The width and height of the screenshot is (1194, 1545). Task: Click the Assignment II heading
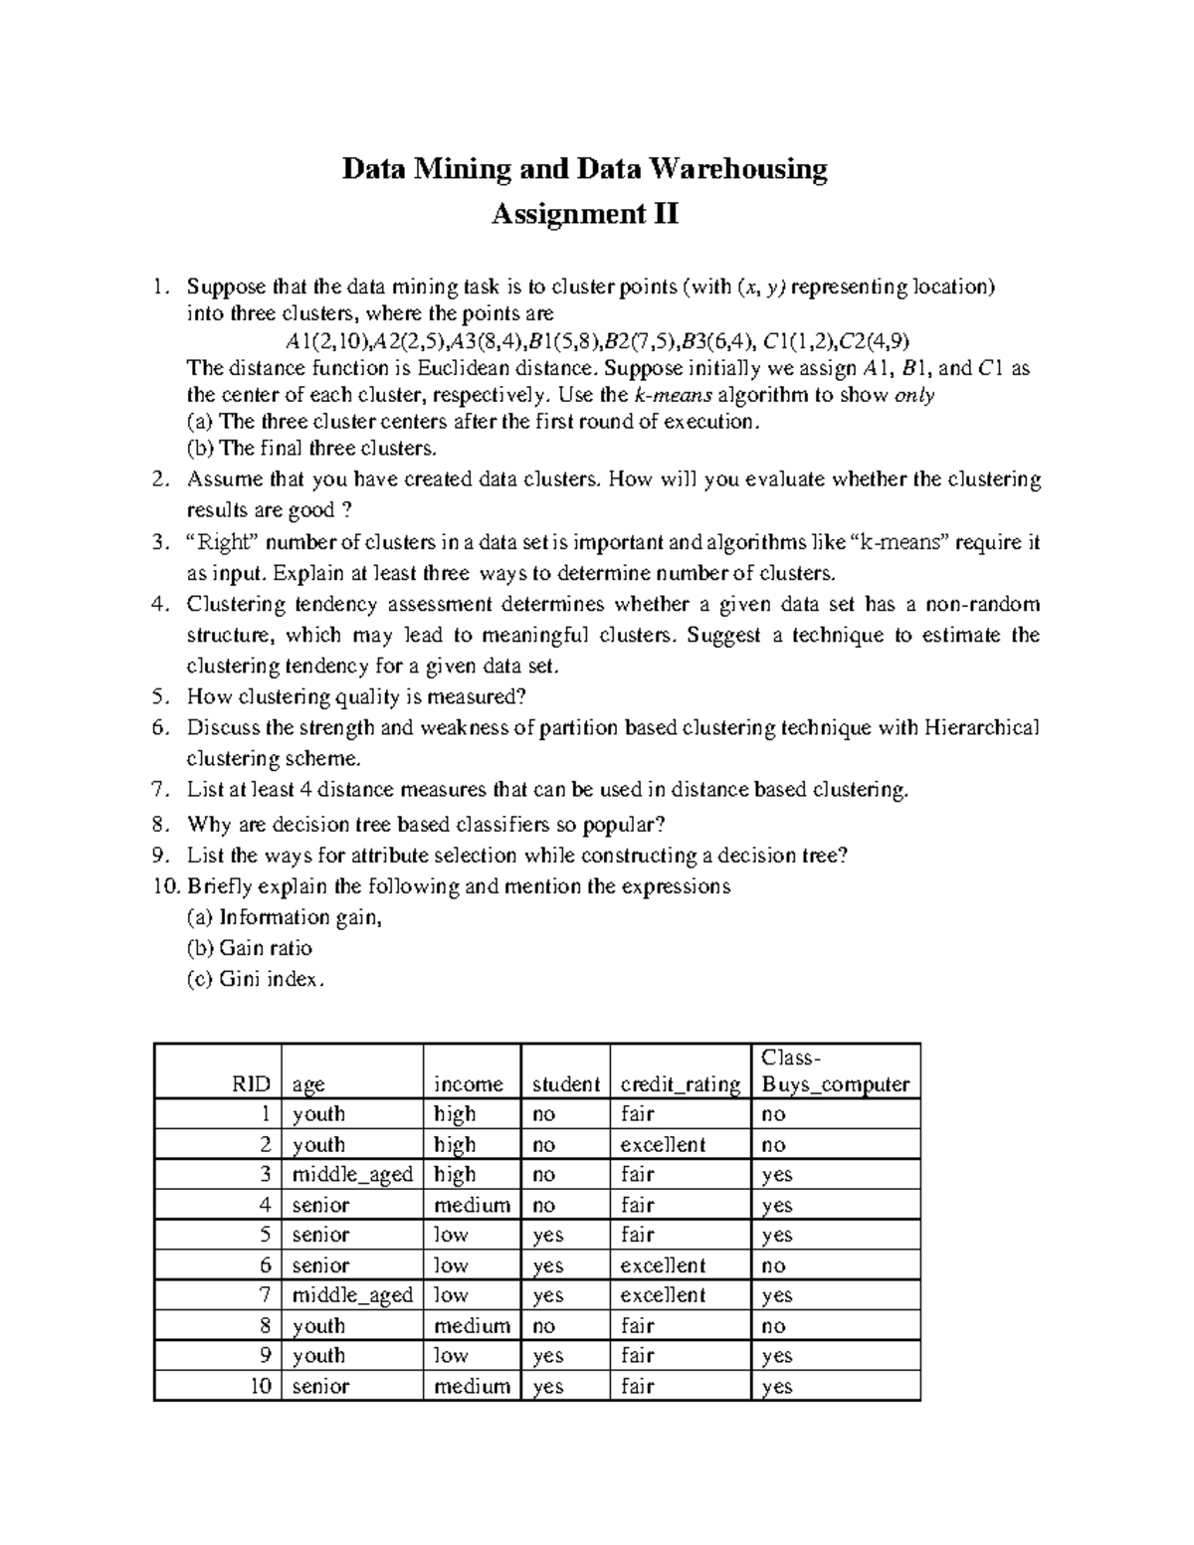585,214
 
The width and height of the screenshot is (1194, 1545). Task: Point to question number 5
161,696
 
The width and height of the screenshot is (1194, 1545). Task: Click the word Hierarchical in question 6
981,727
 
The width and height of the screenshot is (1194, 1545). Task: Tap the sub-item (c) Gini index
255,979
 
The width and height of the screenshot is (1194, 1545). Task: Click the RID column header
254,1084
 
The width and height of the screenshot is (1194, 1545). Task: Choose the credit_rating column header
680,1084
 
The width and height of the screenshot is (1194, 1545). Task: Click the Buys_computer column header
835,1084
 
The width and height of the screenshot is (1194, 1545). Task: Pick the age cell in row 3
351,1175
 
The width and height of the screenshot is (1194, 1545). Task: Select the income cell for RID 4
472,1206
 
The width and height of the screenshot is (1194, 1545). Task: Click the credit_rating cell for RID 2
663,1145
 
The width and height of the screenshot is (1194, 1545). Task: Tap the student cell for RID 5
548,1236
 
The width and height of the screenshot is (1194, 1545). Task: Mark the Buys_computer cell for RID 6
773,1265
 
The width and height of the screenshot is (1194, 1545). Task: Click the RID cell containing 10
261,1386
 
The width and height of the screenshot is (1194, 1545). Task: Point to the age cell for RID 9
318,1356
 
